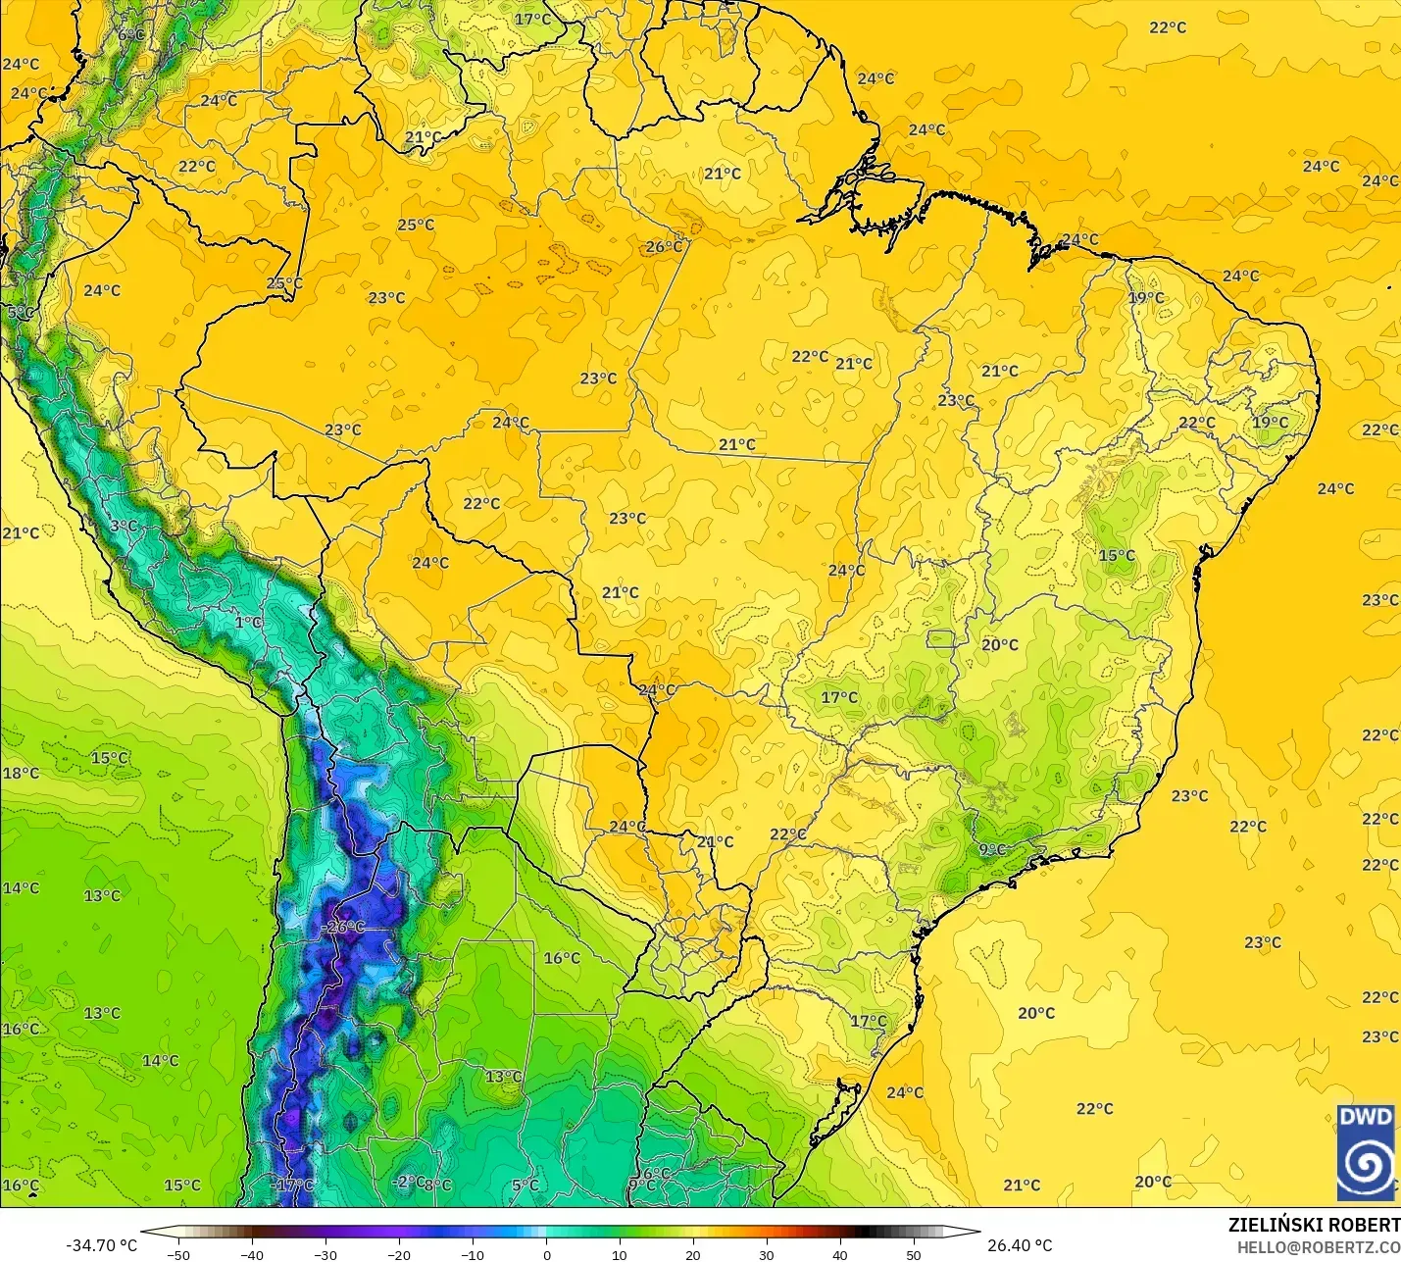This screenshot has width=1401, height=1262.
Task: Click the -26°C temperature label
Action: tap(344, 927)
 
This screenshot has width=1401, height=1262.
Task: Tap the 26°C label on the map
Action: tap(664, 247)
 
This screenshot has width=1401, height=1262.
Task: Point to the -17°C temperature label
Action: tap(292, 1186)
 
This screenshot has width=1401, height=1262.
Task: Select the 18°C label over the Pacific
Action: tap(21, 773)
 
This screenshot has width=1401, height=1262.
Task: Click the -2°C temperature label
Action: tap(409, 1182)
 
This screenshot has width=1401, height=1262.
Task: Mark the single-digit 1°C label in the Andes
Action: tap(248, 622)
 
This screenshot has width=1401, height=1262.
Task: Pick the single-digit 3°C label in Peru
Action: tap(124, 527)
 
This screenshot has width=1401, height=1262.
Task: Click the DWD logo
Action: tap(1366, 1152)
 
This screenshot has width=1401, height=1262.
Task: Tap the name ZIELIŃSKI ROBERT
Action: tap(1314, 1226)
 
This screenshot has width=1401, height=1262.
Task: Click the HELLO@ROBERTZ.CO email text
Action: tap(1318, 1247)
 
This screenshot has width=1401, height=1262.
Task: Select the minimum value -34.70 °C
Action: tap(101, 1245)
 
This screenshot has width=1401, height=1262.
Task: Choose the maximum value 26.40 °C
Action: tap(1020, 1245)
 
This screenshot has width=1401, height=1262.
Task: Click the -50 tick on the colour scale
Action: tap(177, 1254)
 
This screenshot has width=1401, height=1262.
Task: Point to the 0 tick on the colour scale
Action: tap(546, 1254)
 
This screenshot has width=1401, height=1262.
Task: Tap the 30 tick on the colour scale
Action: tap(767, 1254)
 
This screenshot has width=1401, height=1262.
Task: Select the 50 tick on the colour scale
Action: tap(914, 1254)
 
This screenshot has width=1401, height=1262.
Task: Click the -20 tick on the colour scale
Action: tap(398, 1254)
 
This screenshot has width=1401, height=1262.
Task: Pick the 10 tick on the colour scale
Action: tap(620, 1254)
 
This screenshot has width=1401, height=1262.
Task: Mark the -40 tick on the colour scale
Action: tap(251, 1254)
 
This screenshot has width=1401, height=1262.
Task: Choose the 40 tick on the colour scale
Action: tap(840, 1254)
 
